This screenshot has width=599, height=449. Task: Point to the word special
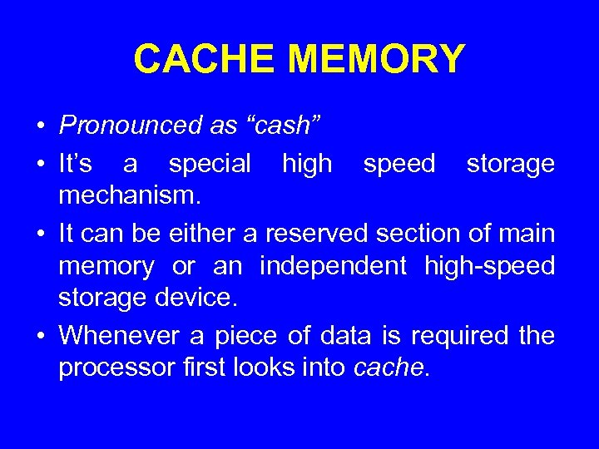[210, 165]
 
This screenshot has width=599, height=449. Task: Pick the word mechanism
[130, 197]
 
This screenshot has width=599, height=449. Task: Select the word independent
[333, 267]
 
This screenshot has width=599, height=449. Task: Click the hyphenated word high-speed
[489, 267]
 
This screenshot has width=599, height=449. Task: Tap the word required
[457, 336]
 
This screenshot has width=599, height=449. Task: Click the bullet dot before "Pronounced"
[40, 127]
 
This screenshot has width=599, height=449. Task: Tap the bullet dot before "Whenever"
[40, 337]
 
